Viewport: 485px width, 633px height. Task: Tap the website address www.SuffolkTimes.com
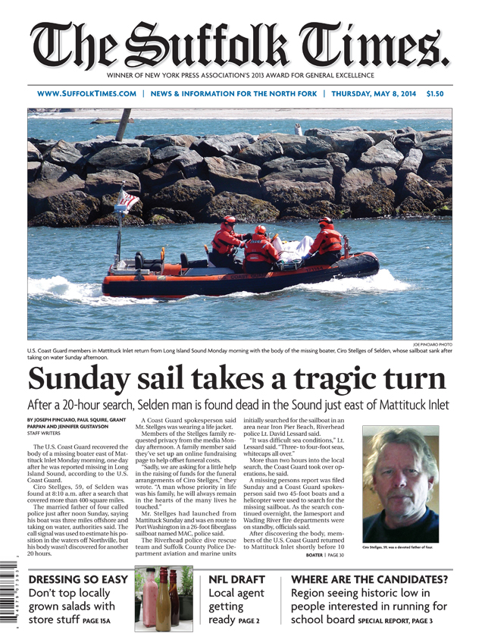point(86,94)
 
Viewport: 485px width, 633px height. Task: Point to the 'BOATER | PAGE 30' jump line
point(324,556)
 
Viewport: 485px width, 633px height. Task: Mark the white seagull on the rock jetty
point(299,130)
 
